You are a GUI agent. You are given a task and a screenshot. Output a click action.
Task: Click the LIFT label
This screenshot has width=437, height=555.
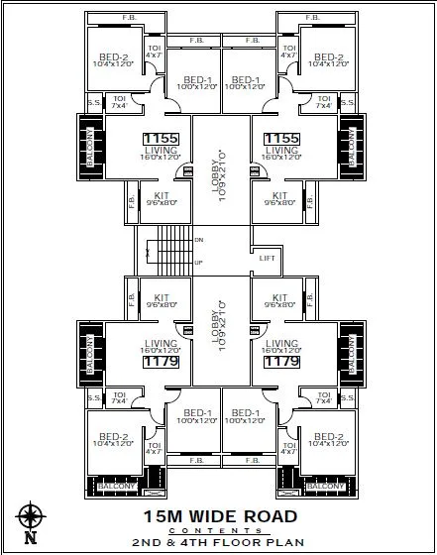[268, 258]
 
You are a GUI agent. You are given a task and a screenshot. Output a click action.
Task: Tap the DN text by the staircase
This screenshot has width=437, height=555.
[199, 241]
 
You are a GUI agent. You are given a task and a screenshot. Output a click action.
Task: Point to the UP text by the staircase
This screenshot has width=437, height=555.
[199, 262]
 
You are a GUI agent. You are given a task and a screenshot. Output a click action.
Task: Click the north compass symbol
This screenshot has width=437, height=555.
[31, 520]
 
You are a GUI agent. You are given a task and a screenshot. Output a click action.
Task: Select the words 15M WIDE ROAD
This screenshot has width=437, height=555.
[219, 515]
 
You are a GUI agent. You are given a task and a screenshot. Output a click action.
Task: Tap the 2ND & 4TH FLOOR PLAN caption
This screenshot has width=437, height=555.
[219, 544]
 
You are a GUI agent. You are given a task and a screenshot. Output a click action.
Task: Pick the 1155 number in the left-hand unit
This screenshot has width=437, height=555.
[159, 139]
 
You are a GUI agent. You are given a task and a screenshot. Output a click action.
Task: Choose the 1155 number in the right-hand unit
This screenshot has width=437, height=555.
[281, 139]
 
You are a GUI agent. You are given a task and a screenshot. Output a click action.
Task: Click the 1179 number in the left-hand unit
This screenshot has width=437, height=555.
[159, 363]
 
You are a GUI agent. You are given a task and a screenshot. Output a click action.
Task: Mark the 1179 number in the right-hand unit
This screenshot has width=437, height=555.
[281, 363]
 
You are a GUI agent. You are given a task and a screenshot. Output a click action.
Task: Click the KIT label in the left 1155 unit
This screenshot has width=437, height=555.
[161, 196]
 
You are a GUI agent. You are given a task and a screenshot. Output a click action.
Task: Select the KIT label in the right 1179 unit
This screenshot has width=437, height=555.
[279, 297]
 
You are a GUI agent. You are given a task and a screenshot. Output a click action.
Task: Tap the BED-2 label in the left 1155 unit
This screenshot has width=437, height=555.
[113, 57]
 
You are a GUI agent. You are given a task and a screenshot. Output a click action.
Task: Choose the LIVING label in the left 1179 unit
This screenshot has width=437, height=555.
[159, 344]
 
